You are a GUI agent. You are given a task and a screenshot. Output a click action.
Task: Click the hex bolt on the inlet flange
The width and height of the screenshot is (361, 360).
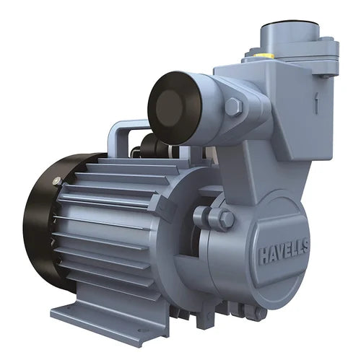coord(232,107)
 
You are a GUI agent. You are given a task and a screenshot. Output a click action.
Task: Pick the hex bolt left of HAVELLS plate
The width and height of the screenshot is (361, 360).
coord(225,219)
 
